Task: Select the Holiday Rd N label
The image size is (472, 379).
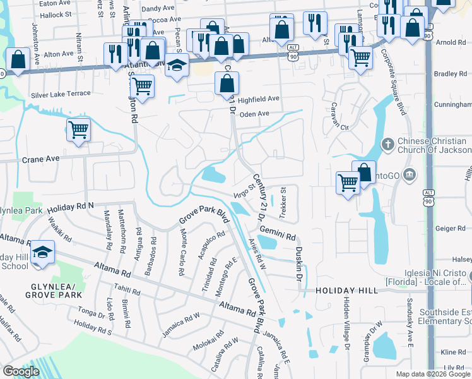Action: pos(69,206)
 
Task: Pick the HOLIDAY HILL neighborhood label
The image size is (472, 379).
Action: pos(346,290)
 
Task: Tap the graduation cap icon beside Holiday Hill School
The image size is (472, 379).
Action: pos(43,252)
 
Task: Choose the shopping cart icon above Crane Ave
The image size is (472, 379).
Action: pos(79,130)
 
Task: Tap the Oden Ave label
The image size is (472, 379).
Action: pos(255,114)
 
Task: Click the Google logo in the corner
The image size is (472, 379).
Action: pos(21,371)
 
